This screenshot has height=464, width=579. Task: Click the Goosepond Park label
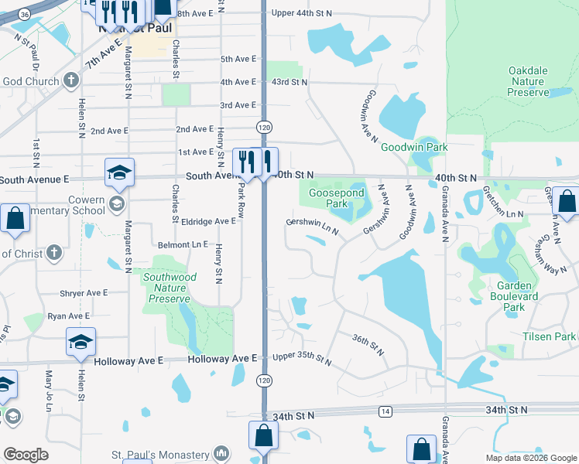coord(336,199)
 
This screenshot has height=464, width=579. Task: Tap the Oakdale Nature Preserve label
coord(528,81)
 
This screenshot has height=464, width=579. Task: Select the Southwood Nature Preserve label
coord(170,288)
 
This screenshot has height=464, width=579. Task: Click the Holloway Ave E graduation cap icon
coord(81,344)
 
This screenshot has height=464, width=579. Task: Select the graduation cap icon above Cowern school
coord(120,173)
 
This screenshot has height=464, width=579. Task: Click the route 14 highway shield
coord(385,411)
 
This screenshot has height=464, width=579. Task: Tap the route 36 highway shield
coord(25,15)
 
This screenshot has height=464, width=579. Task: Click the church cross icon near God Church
coord(70,81)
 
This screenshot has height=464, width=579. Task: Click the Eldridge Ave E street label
coord(208,221)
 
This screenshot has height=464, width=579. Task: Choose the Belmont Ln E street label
coord(185,244)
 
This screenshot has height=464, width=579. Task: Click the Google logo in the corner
coord(26,455)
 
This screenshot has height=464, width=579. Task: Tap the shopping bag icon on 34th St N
coord(263,435)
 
